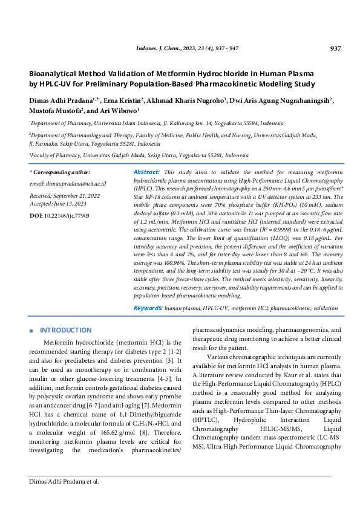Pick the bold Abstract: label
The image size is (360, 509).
tap(146, 172)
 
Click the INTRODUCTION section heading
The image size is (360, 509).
tap(65, 331)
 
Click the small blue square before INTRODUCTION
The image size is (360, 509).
tap(31, 331)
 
